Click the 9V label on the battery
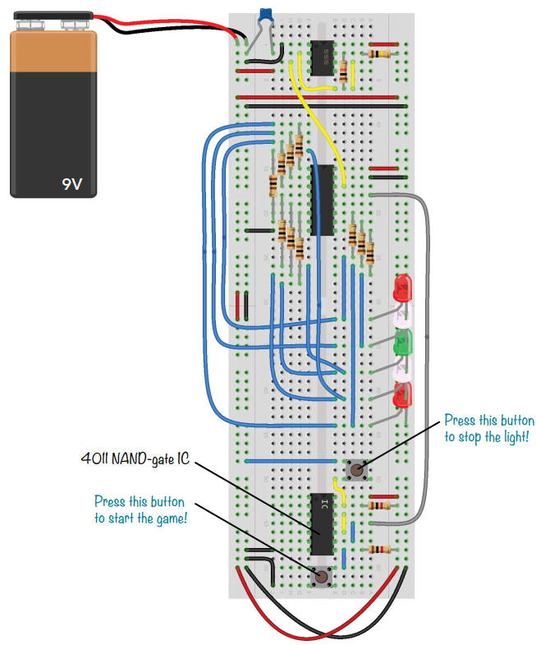(x=72, y=184)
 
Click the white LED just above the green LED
(x=405, y=316)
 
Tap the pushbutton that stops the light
(x=356, y=472)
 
